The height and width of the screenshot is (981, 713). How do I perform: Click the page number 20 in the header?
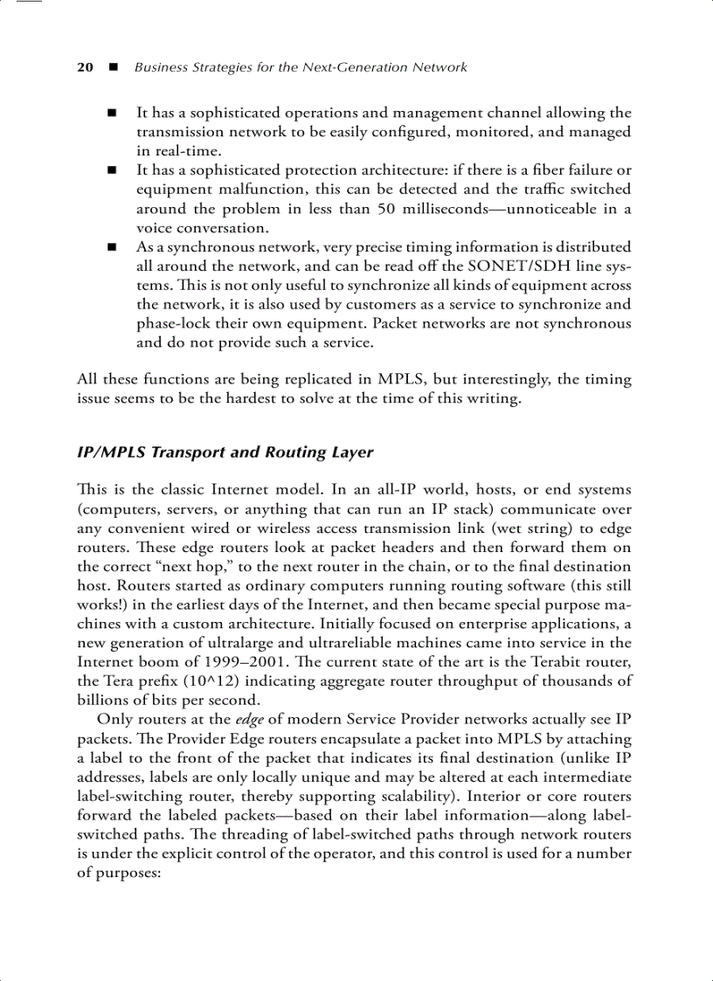[85, 67]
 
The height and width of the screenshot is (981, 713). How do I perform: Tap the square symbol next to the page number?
[112, 67]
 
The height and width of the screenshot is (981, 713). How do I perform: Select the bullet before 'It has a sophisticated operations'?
[112, 114]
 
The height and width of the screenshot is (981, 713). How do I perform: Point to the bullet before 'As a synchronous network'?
[112, 248]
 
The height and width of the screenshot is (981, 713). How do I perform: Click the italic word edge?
[249, 720]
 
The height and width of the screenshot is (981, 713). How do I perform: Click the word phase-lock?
[174, 324]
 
